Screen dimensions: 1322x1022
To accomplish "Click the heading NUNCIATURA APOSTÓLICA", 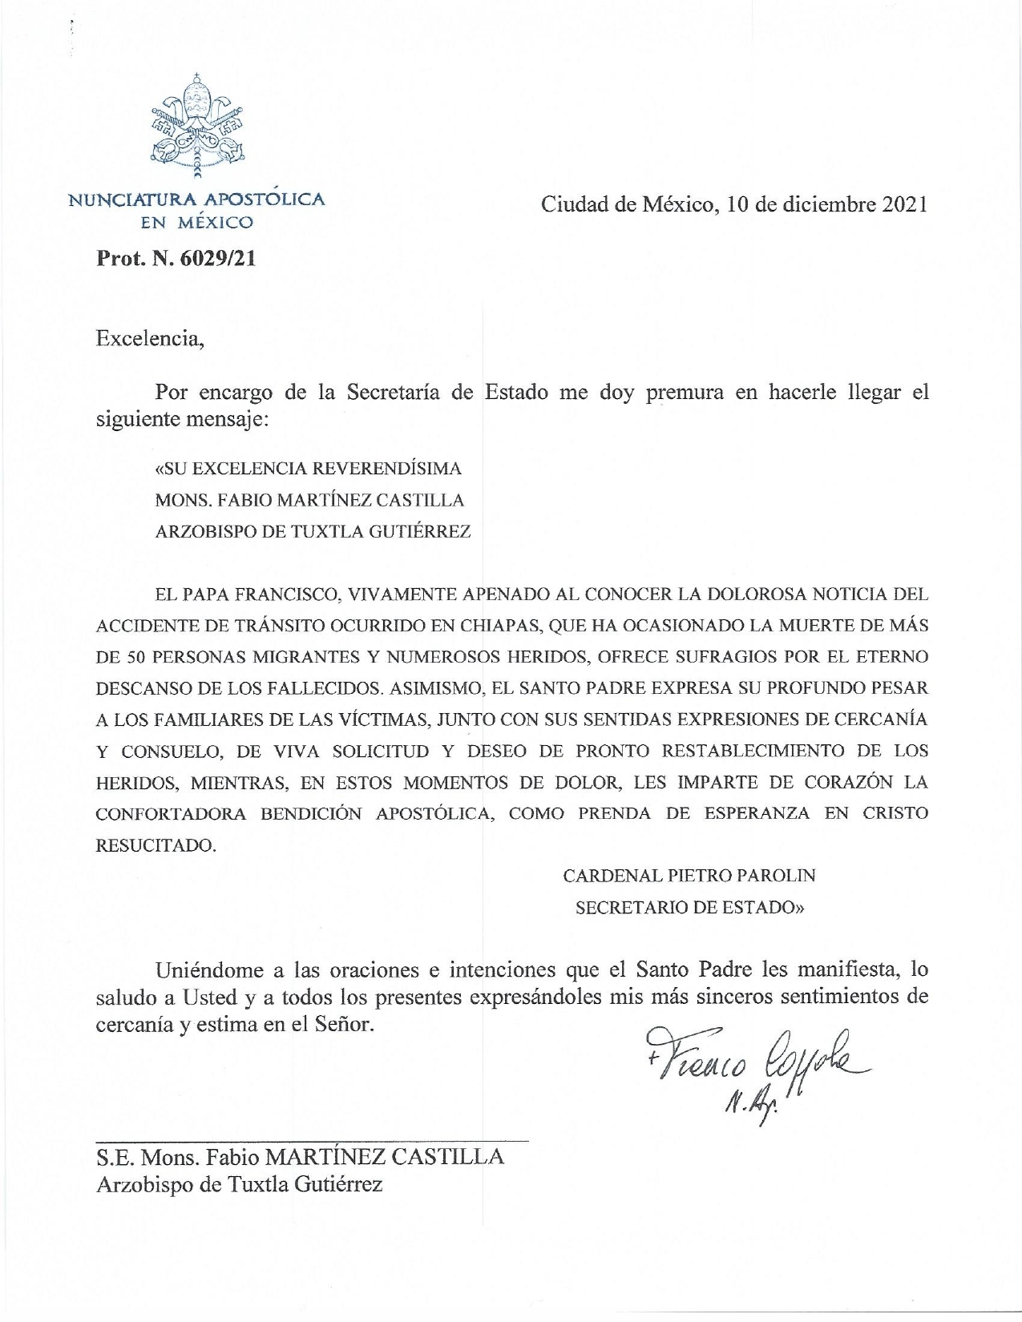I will coord(196,200).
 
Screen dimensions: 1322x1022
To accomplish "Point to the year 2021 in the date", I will coord(905,204).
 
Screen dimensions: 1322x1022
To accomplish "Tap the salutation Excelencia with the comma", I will coord(151,338).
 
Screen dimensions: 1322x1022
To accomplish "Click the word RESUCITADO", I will coord(156,845).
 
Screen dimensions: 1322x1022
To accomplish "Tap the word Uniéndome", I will coord(209,970).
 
